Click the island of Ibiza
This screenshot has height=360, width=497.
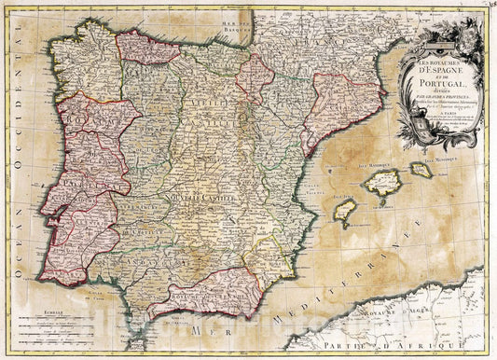tap(345, 214)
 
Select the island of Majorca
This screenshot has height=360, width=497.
tap(382, 182)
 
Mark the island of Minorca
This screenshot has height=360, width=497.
tap(421, 170)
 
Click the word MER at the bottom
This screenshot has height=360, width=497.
tap(197, 331)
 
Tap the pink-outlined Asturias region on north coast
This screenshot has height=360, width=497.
tap(146, 48)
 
